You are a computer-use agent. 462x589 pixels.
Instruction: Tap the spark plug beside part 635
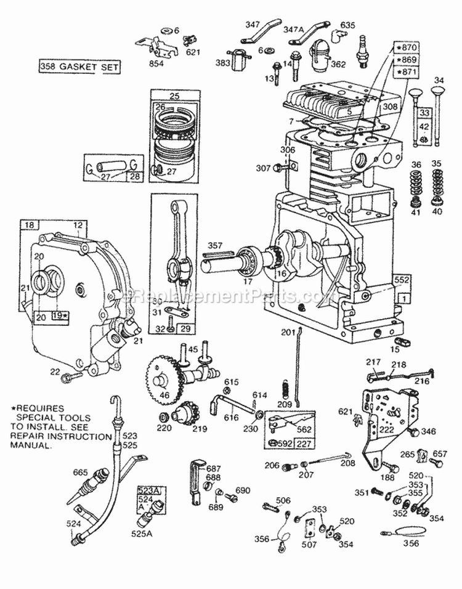(363, 50)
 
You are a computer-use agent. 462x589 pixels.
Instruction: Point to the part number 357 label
(214, 245)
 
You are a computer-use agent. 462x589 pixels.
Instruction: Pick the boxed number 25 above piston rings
(174, 96)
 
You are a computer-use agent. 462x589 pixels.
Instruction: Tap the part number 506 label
(283, 500)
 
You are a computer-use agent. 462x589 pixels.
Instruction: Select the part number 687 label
(213, 468)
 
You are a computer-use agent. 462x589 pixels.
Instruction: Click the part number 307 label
(264, 167)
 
